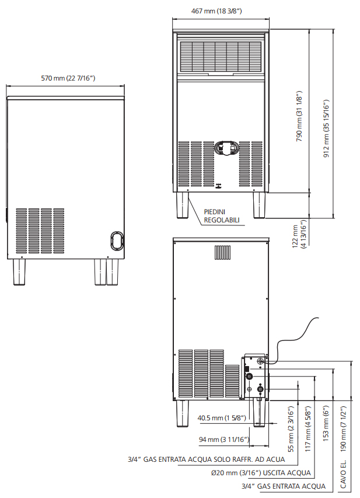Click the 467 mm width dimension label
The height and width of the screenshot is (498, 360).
216,11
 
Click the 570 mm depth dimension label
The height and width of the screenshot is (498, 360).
68,78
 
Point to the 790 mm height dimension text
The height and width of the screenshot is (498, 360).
299,116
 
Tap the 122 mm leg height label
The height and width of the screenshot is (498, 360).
299,236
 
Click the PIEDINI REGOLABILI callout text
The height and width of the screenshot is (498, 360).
222,216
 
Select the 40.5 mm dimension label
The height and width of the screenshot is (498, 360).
222,418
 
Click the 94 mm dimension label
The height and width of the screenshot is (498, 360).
224,440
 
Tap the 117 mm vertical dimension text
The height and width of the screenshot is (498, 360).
308,429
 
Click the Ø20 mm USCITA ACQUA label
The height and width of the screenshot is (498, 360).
261,473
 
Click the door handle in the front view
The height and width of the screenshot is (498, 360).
225,148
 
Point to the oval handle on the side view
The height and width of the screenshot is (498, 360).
117,240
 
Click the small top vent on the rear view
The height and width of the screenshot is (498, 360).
222,253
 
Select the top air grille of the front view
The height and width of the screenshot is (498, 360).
221,57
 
